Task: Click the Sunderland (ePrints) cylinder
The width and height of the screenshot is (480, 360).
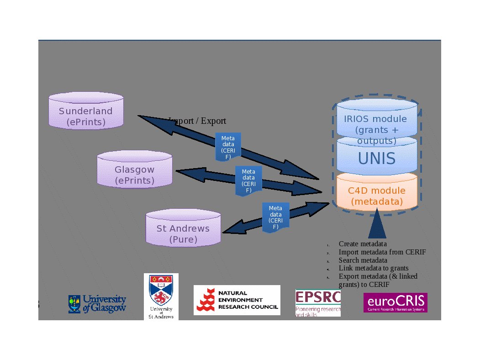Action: point(86,111)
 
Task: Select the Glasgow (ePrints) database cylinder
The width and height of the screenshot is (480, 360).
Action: point(135,170)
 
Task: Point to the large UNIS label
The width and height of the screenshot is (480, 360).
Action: point(377,159)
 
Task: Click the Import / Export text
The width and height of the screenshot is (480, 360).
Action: point(197,121)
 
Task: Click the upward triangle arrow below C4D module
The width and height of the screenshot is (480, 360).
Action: point(377,224)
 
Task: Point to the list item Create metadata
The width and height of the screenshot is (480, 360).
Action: point(363,244)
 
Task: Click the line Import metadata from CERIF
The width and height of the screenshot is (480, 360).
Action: point(382,252)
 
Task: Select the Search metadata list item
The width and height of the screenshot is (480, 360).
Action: point(363,260)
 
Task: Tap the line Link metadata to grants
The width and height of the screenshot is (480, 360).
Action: point(373,268)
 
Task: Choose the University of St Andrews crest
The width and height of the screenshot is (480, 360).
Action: point(161,296)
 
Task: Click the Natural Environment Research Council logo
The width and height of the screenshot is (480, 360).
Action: point(237,300)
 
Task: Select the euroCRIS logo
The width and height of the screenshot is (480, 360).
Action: point(395,302)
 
